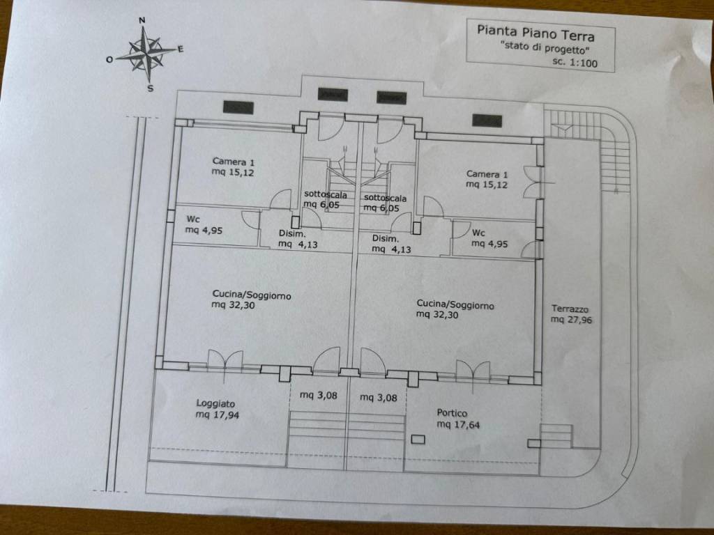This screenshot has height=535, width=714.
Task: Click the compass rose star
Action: (146, 54)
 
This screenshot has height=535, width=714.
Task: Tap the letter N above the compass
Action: (142, 20)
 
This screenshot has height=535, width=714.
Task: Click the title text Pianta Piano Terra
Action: (535, 33)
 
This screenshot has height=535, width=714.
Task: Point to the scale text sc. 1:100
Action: (575, 62)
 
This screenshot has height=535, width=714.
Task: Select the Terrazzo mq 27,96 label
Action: (571, 314)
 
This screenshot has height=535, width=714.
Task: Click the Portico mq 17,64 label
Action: (458, 419)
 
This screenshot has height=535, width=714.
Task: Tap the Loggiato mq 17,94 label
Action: (218, 409)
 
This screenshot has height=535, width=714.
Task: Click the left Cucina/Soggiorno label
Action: (251, 300)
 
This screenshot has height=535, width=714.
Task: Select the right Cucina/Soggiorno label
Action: (455, 309)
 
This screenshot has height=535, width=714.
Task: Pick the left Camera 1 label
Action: (233, 167)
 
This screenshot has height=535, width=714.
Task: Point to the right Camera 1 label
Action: (486, 179)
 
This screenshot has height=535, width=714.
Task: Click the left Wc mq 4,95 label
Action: (204, 225)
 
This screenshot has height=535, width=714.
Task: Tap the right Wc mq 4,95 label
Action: (489, 238)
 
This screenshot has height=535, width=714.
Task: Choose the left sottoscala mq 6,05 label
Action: (325, 200)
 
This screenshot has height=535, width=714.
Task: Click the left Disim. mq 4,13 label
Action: (298, 240)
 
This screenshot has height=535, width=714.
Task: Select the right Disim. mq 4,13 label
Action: (391, 244)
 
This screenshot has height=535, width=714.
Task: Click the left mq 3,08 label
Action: (318, 396)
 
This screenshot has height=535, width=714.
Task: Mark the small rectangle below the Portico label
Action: (418, 440)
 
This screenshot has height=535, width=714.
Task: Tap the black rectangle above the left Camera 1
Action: (238, 107)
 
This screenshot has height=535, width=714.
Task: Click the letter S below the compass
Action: (151, 88)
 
